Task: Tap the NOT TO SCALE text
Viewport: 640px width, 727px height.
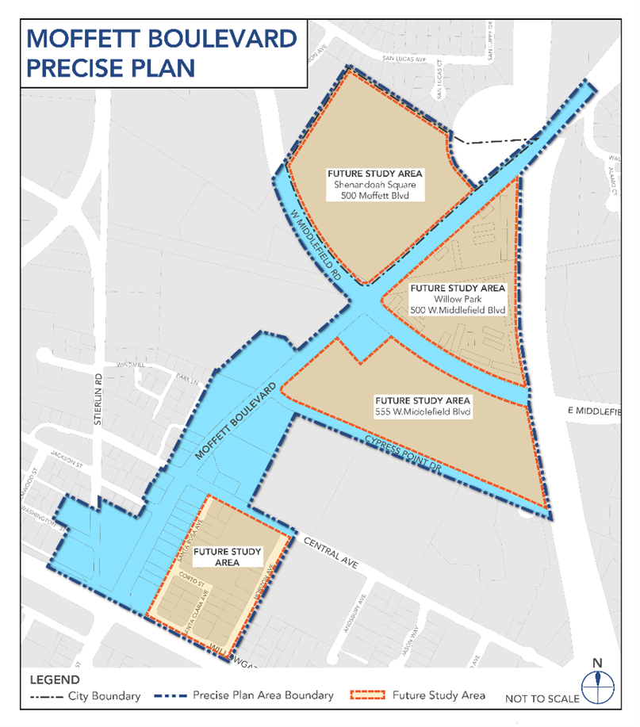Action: click(542, 698)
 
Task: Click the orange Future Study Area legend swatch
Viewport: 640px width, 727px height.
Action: click(367, 696)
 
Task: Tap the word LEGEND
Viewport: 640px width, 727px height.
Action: click(54, 679)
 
